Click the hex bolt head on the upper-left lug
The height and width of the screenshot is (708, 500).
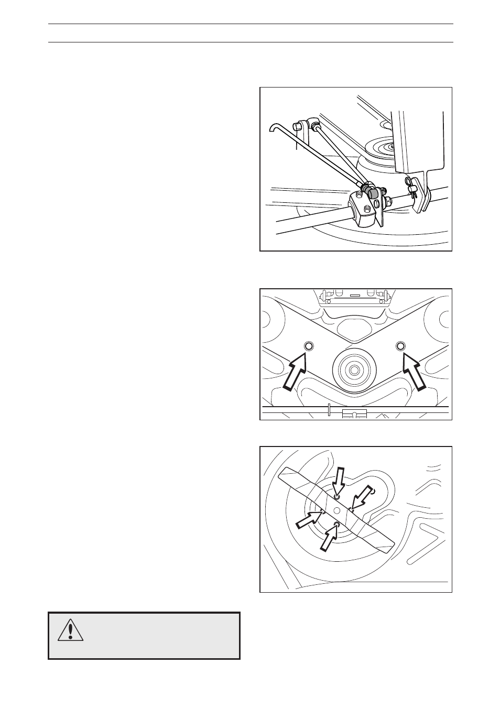click(x=300, y=126)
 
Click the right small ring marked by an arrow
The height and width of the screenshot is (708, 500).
click(x=401, y=346)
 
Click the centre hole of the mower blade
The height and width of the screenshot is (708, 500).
click(x=337, y=510)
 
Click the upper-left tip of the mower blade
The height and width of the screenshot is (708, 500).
click(x=283, y=474)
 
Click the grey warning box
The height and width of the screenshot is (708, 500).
click(x=144, y=635)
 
